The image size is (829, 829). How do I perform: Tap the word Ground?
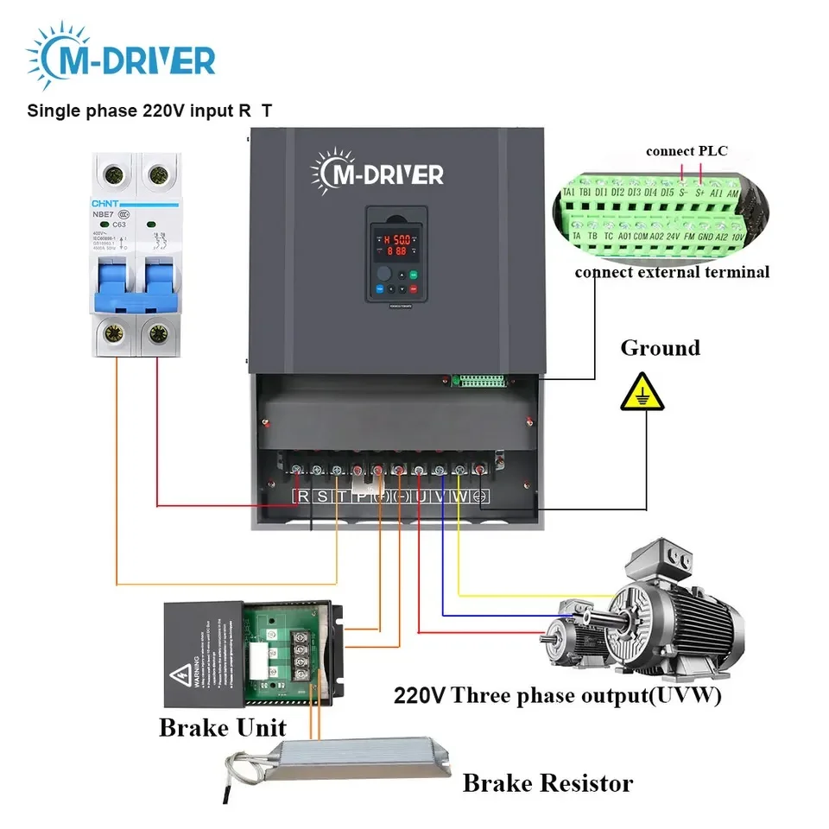[x=660, y=348]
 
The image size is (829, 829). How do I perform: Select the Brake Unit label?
[x=222, y=727]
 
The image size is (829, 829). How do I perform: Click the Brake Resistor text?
[x=547, y=783]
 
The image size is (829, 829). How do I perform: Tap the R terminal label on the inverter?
[x=303, y=497]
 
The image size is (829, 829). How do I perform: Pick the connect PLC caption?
[x=687, y=151]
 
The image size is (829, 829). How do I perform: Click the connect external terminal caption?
[x=672, y=272]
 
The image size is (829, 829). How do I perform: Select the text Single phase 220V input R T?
[x=155, y=111]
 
